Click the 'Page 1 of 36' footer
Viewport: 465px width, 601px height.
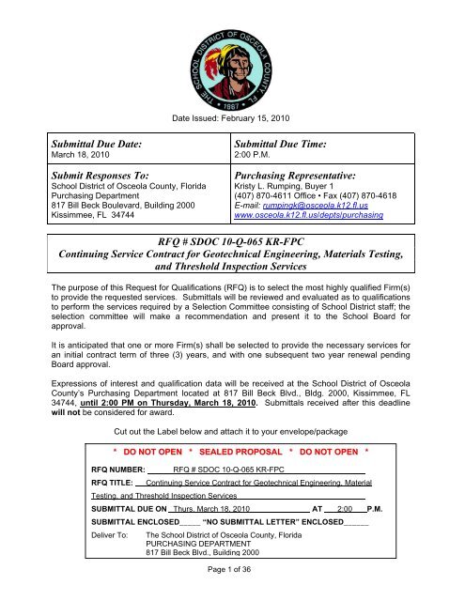tap(232, 594)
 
